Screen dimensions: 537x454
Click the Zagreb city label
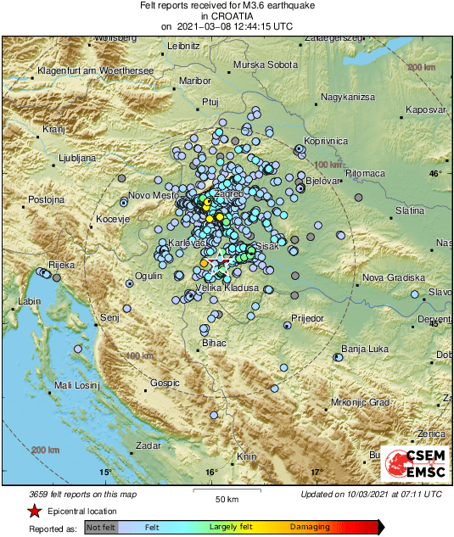pos(229,193)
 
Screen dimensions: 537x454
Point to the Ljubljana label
pos(54,158)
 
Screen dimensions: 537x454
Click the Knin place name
pos(246,456)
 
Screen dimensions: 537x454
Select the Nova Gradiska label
pos(393,278)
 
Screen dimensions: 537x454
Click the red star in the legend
pos(34,512)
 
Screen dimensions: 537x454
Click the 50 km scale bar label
pos(225,498)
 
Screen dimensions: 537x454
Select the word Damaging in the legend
pos(311,527)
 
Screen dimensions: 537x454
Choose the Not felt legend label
pos(101,527)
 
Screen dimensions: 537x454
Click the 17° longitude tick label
pos(316,473)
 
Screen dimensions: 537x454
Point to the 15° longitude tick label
pos(105,473)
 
